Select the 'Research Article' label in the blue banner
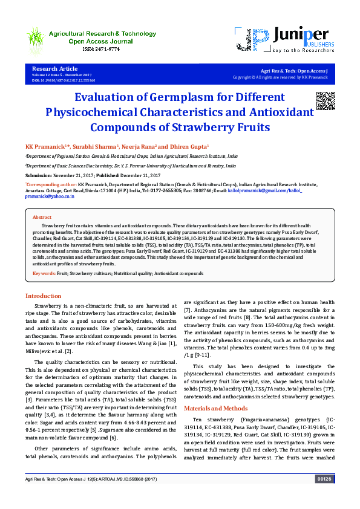(x=54, y=70)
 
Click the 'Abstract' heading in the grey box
(x=42, y=217)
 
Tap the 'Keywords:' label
(x=44, y=274)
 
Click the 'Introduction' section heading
(x=42, y=296)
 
